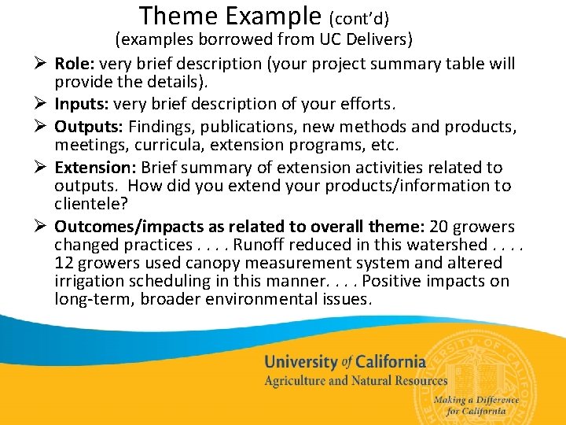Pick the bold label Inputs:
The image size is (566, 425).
tap(82, 104)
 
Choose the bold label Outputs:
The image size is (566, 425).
tap(89, 127)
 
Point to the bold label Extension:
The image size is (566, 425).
tap(93, 168)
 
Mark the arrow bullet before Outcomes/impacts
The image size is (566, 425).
tap(42, 227)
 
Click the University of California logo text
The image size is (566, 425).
tap(344, 362)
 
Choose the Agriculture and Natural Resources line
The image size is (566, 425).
tap(355, 381)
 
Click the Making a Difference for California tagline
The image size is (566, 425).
tap(476, 405)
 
